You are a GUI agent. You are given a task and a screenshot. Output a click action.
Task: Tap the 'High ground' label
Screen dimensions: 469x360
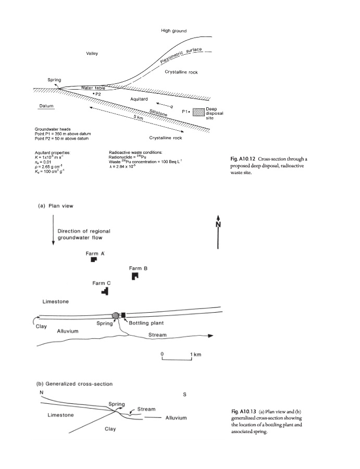173,31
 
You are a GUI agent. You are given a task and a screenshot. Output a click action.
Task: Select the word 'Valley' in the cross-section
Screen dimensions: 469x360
92,54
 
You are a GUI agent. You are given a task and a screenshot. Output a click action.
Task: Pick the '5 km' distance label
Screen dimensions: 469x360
139,117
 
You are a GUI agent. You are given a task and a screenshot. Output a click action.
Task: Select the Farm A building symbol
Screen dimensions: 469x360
94,260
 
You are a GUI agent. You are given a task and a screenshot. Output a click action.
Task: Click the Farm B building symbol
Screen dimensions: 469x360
135,276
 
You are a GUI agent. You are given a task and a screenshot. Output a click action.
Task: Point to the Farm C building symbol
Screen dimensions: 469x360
105,291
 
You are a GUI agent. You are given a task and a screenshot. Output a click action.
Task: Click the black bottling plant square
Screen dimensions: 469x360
123,315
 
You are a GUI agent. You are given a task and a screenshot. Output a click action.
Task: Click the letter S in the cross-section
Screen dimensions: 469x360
184,394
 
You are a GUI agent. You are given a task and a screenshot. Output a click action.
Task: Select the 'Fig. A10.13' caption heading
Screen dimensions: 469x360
244,412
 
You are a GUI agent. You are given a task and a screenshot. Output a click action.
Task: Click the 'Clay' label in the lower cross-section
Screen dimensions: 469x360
110,429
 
